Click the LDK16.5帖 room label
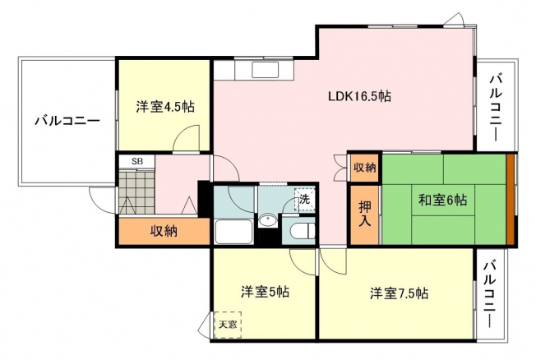[359, 96]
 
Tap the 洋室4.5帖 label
[165, 107]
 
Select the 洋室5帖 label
[266, 293]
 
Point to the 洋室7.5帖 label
[399, 293]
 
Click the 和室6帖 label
[442, 200]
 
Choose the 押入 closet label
[364, 214]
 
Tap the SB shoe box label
[137, 162]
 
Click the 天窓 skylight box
[228, 325]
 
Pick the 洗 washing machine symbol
[304, 200]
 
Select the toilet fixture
[302, 231]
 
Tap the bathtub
[233, 232]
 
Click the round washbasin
[268, 220]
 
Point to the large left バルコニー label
[67, 121]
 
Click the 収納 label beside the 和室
[365, 168]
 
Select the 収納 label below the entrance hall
[164, 232]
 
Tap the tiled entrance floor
[136, 192]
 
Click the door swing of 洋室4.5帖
[187, 137]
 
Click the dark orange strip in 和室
[511, 200]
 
